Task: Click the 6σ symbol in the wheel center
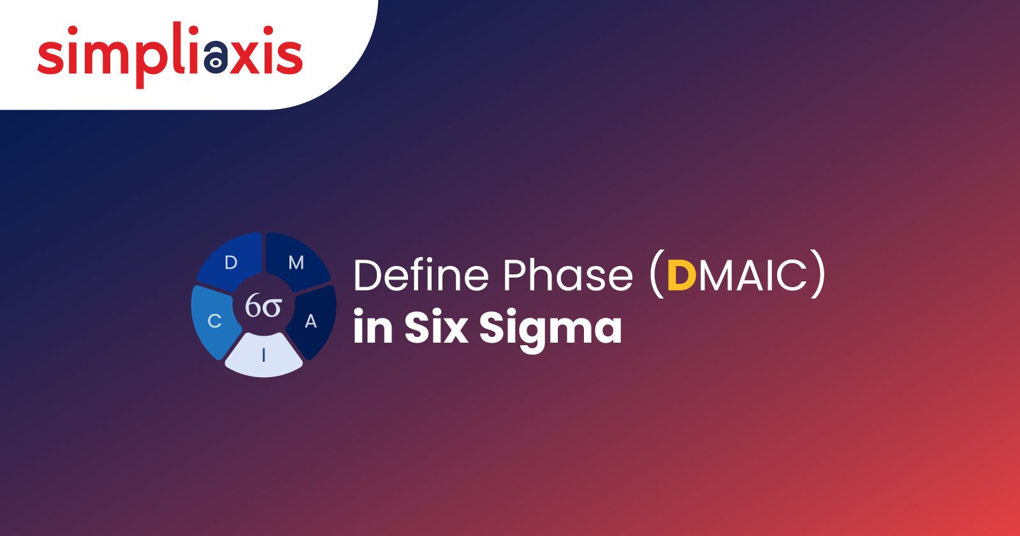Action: click(x=263, y=306)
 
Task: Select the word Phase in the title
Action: click(x=568, y=275)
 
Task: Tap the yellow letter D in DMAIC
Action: click(x=681, y=275)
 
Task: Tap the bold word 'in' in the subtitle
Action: click(x=373, y=325)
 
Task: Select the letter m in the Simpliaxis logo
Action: click(x=103, y=56)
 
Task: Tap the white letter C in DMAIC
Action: click(x=791, y=275)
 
